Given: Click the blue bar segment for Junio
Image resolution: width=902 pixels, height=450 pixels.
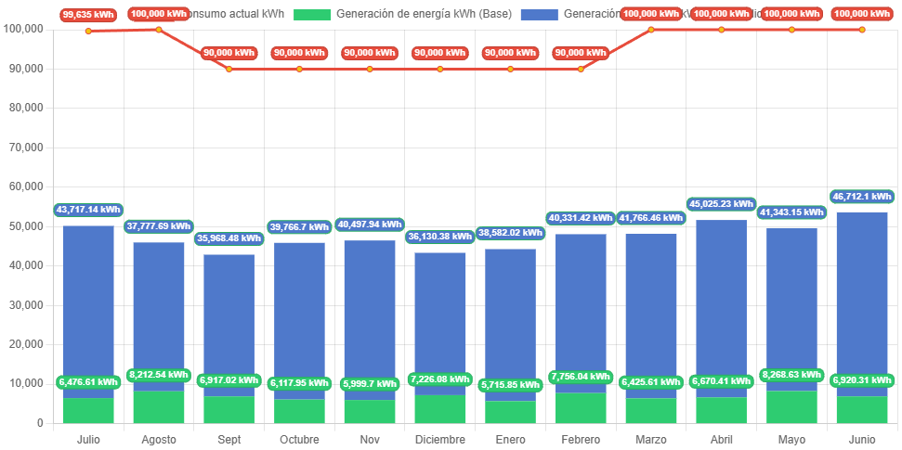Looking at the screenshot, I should coord(862,297).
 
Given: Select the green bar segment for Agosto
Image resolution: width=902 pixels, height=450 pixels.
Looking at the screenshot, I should coord(159,406).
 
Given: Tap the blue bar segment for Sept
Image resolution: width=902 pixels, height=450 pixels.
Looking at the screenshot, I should coord(229,315).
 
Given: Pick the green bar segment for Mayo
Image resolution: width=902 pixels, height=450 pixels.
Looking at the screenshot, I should coord(791,406).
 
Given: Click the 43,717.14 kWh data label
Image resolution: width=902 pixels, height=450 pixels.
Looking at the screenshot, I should coord(88,210).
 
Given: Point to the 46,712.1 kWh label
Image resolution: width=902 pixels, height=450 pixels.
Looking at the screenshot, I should coord(862,197).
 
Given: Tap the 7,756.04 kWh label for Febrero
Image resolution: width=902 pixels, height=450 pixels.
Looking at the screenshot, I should coord(581,377).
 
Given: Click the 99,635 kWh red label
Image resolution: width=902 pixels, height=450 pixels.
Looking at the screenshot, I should coord(88,15).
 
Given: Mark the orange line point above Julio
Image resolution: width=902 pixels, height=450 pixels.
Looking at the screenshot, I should coord(88,31).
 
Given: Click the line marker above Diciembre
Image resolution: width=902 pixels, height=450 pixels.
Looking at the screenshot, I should coord(440,69).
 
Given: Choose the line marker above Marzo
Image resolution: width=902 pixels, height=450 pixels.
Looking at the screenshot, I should coord(651,30).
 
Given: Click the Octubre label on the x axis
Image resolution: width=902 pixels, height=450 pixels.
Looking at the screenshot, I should coord(299,439).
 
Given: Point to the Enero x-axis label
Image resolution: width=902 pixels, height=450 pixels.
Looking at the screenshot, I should coord(510,439).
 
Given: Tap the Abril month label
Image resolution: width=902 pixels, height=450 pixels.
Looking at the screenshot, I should coord(721,439).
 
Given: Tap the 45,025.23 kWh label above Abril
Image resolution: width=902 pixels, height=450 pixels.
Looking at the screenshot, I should coord(721,203).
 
